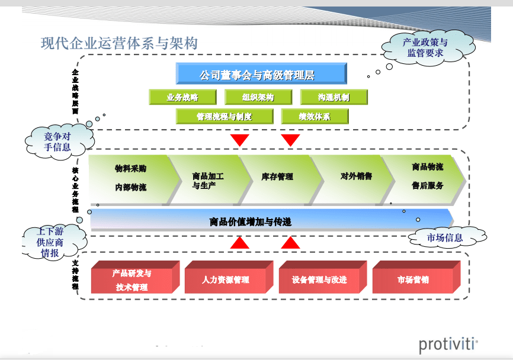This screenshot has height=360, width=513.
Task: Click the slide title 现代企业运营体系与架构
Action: [x=119, y=43]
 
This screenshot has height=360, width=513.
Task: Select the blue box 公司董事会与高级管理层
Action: [x=261, y=75]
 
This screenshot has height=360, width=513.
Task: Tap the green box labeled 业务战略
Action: [x=182, y=97]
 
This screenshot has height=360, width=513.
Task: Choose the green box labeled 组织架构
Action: [x=258, y=97]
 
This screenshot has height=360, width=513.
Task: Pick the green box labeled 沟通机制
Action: [x=334, y=97]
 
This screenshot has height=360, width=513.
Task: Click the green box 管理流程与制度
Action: [x=224, y=116]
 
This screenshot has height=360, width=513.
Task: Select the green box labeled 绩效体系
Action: [x=315, y=116]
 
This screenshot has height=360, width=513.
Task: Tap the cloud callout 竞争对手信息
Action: [x=57, y=142]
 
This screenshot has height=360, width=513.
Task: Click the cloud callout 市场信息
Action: [x=445, y=238]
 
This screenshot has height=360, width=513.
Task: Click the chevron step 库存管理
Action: [x=277, y=176]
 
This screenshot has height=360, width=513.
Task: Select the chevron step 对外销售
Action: [x=356, y=176]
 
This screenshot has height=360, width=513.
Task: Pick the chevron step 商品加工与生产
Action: [x=207, y=180]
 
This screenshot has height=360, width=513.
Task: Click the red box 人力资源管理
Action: [x=225, y=279]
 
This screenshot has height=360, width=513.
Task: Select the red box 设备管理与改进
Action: [x=319, y=279]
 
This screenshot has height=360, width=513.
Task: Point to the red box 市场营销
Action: [x=413, y=279]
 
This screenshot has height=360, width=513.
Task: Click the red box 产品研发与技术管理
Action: [x=132, y=279]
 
